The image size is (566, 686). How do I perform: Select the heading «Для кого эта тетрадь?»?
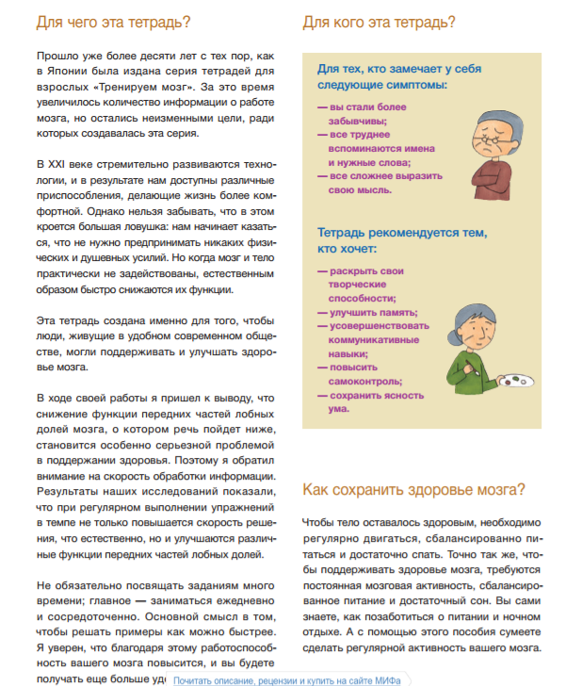coord(380,22)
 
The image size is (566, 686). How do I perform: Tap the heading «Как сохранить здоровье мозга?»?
coord(413,489)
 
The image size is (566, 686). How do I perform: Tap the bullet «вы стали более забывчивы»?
coord(368,116)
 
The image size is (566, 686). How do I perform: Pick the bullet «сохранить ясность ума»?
coord(367,401)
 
